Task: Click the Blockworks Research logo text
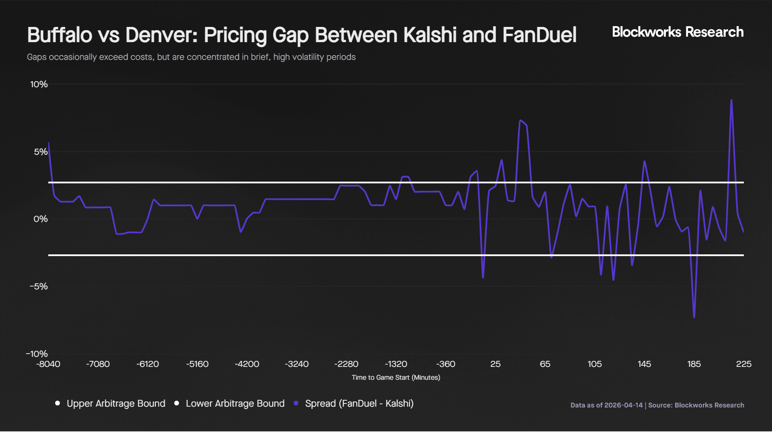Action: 678,32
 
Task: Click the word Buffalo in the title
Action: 60,35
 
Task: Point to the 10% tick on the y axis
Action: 39,84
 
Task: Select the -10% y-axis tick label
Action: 37,354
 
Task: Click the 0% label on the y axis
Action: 41,219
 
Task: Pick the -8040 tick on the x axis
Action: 48,364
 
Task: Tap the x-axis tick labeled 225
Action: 743,364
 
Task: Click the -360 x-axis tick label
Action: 446,364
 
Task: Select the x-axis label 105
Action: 595,364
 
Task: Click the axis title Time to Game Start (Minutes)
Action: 396,377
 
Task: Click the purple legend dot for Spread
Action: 296,403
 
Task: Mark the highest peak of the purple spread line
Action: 731,100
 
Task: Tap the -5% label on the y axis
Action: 39,287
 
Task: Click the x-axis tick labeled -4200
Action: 247,364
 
